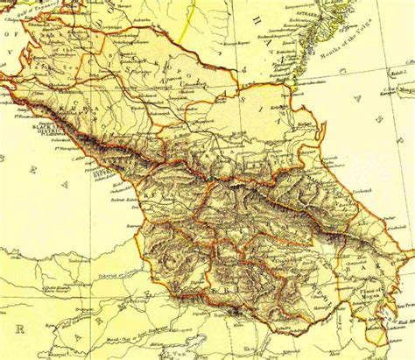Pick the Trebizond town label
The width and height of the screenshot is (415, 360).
(49, 263)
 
